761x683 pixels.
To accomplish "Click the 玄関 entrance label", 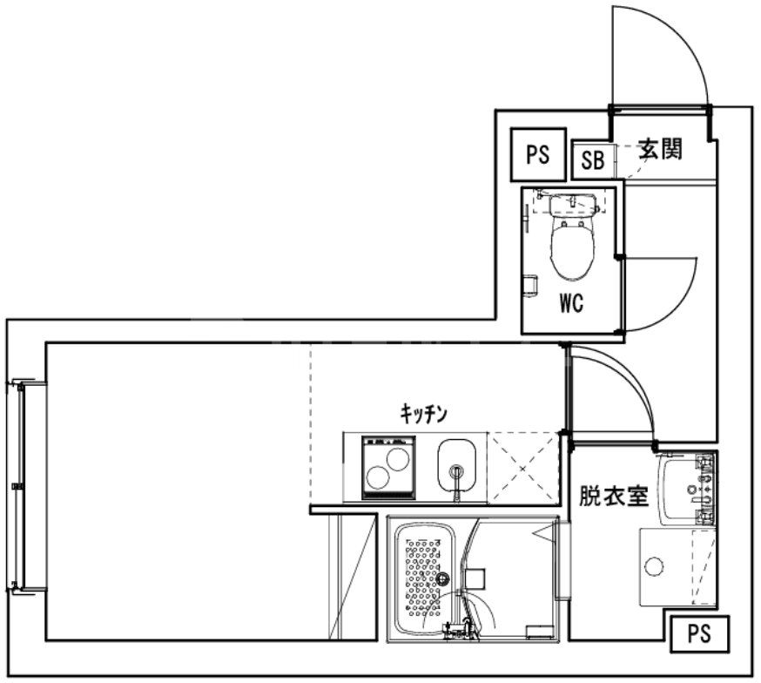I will (660, 149).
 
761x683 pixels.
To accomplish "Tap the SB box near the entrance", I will (592, 160).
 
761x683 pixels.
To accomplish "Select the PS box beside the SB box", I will (538, 155).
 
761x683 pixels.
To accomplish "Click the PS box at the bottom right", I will (698, 633).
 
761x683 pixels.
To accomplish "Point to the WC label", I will (570, 305).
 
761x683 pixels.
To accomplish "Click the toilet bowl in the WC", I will (571, 243).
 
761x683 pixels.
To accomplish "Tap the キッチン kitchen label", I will (423, 414).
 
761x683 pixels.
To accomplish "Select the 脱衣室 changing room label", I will (614, 497).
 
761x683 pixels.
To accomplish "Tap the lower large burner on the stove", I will (380, 477).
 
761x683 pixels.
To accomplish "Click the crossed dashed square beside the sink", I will (522, 468).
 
